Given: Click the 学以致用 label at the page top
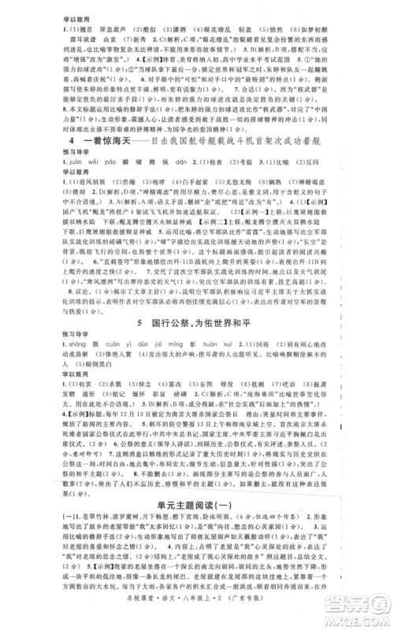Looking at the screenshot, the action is (80, 13).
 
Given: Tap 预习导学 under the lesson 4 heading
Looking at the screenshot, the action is (80, 174).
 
